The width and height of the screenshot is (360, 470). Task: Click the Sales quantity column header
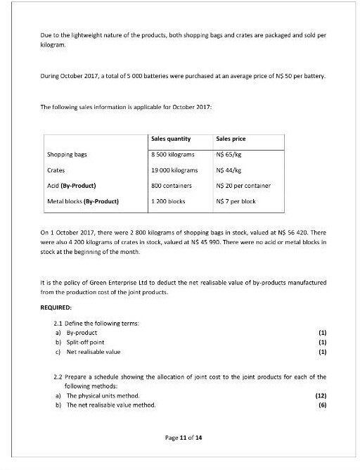(171, 139)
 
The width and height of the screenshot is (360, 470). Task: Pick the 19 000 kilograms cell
(175, 170)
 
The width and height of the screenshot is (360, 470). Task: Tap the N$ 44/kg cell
(230, 170)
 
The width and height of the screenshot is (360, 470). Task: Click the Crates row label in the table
(56, 170)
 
